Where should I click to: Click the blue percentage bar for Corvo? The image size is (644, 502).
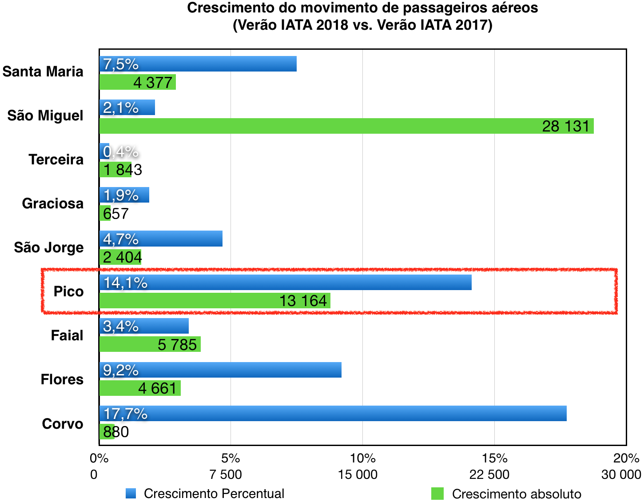333,413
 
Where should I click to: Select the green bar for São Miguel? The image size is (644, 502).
346,126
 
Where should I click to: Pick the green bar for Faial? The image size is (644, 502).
150,344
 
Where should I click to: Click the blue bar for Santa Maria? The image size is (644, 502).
198,64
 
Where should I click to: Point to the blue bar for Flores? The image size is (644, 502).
220,370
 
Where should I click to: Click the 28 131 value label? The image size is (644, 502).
565,126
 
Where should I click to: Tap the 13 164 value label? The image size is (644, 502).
303,301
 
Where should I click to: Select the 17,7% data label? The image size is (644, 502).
125,414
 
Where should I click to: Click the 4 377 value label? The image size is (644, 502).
153,83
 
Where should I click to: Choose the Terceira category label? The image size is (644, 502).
56,159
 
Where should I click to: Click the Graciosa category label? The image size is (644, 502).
53,203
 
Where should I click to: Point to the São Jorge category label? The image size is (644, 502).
49,247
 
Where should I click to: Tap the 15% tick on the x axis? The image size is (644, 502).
495,458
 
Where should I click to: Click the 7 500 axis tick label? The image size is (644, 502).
226,474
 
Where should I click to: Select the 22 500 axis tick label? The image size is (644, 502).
489,474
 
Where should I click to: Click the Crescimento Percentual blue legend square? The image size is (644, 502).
131,494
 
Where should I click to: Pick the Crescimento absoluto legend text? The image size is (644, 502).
517,494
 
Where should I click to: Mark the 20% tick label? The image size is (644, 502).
626,458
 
